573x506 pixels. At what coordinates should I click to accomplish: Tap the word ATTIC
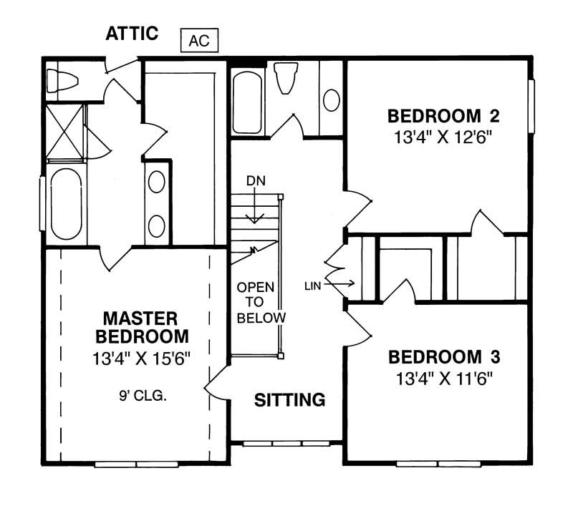click(133, 34)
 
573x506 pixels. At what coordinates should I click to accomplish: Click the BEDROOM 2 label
click(443, 116)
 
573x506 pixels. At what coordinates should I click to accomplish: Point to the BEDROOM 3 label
click(443, 356)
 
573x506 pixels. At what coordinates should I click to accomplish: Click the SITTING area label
click(290, 400)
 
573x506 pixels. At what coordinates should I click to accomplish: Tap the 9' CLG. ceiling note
click(143, 394)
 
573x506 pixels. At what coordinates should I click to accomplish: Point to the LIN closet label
click(313, 285)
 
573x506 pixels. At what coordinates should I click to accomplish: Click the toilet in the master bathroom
click(61, 80)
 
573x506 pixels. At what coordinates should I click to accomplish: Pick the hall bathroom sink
click(332, 100)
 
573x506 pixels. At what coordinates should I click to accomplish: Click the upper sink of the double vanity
click(157, 182)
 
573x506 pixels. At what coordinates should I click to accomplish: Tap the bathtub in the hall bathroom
click(247, 101)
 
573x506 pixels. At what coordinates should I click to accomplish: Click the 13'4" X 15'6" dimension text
click(140, 358)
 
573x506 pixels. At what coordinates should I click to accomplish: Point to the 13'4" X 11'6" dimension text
click(443, 377)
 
